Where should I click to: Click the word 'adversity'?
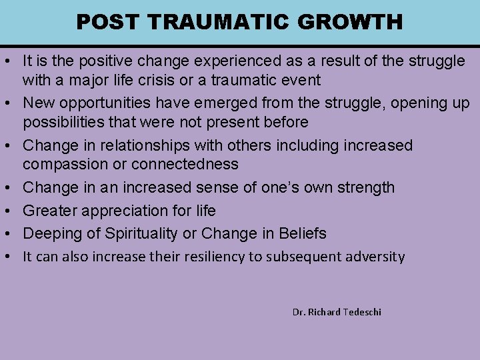click(375, 257)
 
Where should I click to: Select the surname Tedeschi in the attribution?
click(361, 312)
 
